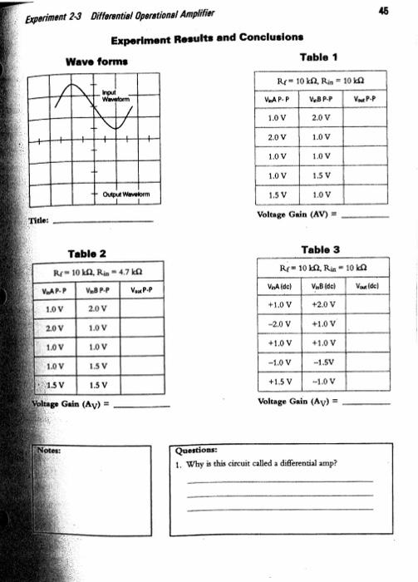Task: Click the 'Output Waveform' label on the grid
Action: [121, 195]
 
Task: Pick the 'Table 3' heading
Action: [322, 248]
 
